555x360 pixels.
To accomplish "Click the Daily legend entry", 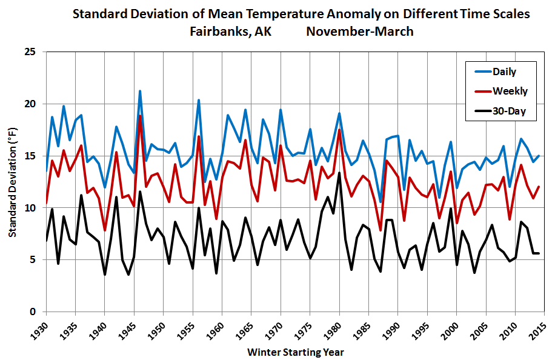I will (503, 72).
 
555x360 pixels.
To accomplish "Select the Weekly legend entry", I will (508, 92).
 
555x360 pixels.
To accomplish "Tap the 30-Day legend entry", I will (508, 111).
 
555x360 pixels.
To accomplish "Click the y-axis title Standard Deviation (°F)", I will (12, 182).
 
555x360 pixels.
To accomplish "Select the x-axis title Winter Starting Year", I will (296, 352).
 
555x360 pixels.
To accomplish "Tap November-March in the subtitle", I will (360, 32).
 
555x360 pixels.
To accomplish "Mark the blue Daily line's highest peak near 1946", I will (140, 92).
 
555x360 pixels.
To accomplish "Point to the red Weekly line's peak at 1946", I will (140, 116).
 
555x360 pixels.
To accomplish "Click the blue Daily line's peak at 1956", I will (199, 100).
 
